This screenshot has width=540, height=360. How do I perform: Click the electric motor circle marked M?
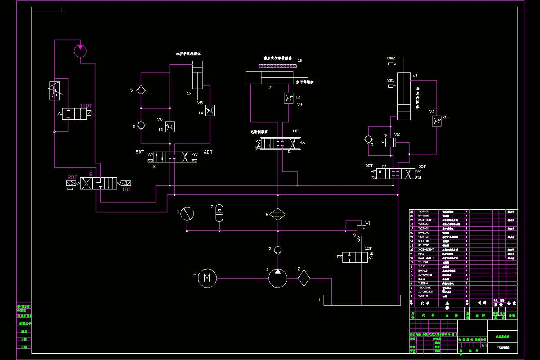tap(207, 278)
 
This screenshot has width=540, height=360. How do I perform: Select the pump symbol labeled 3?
tap(278, 278)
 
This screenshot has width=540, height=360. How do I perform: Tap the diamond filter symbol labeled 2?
tap(304, 278)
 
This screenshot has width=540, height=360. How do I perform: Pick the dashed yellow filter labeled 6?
tap(278, 214)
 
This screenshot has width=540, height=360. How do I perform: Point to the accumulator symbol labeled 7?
tap(219, 213)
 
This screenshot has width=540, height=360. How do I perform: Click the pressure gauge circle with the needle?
tap(187, 214)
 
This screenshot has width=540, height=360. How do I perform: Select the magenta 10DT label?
tap(86, 106)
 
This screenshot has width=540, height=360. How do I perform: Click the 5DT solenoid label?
tap(140, 152)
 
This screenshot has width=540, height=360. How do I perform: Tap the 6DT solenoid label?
tap(208, 152)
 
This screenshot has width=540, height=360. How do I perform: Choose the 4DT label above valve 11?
tap(296, 131)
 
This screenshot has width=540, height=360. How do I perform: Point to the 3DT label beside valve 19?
tap(422, 166)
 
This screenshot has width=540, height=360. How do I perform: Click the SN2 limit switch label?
tap(391, 58)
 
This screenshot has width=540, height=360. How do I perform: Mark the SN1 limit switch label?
tap(391, 80)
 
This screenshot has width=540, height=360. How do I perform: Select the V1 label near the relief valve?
tap(368, 223)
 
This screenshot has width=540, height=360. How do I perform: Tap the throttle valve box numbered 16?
tap(288, 98)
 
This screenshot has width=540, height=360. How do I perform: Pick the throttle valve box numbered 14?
tap(209, 111)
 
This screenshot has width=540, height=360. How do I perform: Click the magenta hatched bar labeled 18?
tap(276, 66)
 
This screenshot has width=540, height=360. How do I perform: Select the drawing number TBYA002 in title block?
tap(503, 347)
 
